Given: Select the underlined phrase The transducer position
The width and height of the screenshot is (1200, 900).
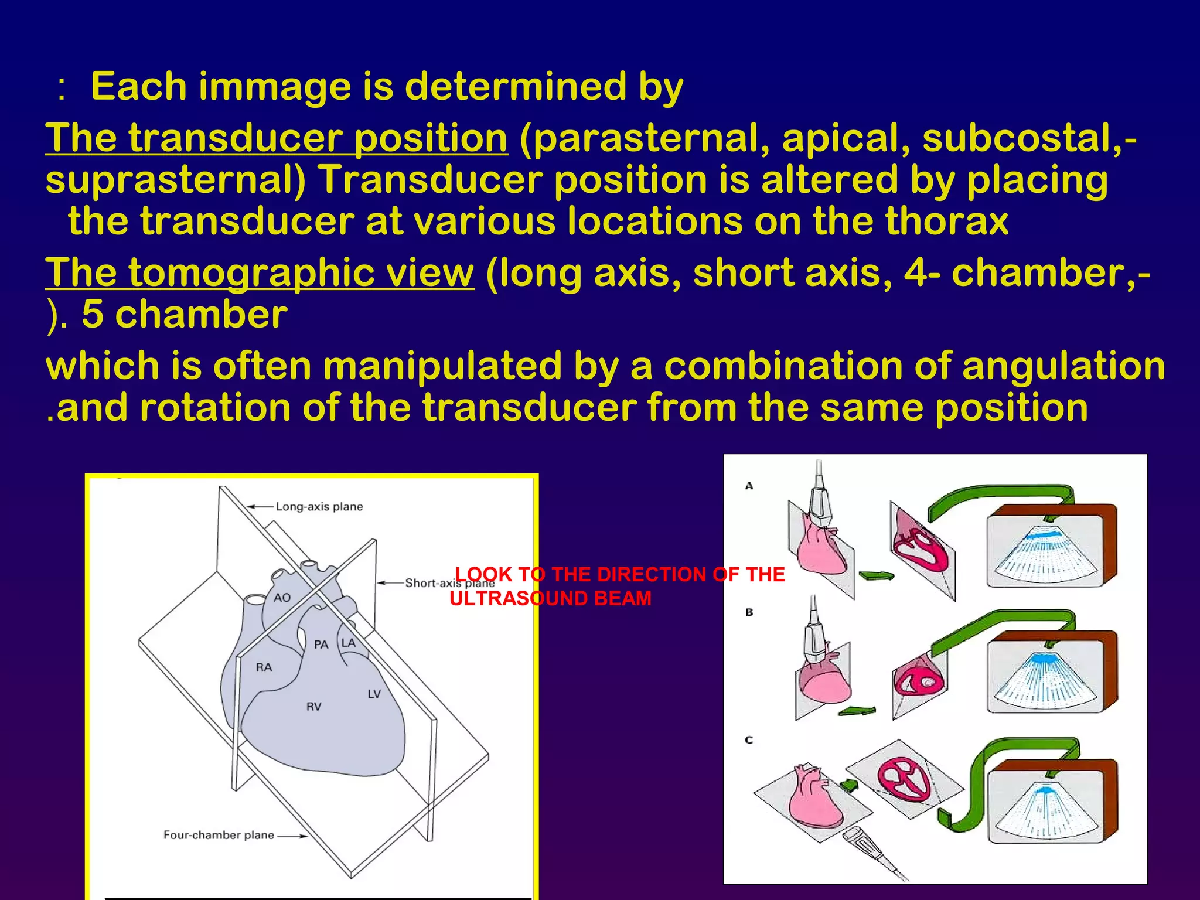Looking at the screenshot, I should click(277, 138).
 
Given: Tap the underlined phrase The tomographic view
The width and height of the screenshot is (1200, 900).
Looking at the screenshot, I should click(260, 273).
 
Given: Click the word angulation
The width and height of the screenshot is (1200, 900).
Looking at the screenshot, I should click(1063, 366).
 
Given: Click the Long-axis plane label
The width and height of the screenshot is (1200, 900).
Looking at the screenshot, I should click(319, 506).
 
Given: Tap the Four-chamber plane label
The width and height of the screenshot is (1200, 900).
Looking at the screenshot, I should click(219, 835).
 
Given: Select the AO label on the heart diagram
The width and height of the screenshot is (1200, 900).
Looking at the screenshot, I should click(282, 598).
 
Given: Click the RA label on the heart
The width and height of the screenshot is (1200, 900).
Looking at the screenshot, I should click(264, 667).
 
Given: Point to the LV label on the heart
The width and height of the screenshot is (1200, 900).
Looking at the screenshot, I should click(374, 694).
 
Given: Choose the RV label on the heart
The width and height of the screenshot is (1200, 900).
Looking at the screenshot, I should click(313, 707).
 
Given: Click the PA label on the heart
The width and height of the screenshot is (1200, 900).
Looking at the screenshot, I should click(321, 645).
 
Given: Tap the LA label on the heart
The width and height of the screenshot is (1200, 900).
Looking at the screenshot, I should click(348, 643).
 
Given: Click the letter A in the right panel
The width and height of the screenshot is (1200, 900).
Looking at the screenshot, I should click(749, 486).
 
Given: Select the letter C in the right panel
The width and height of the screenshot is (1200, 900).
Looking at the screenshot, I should click(749, 740).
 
